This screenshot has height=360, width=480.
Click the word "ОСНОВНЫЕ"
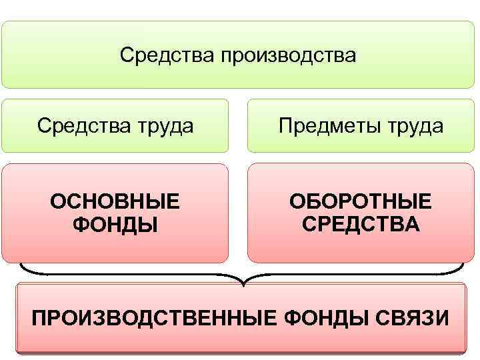[115, 201]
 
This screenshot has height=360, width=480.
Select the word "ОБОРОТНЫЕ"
[360, 201]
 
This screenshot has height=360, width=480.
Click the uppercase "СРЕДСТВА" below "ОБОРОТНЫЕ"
[361, 225]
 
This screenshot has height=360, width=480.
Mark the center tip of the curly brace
[243, 285]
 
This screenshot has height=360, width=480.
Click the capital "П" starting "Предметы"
[285, 125]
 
